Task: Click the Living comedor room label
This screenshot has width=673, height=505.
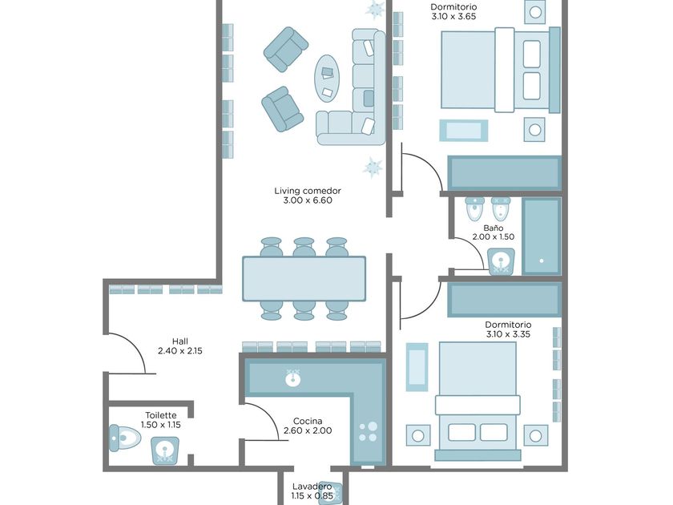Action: click(x=308, y=191)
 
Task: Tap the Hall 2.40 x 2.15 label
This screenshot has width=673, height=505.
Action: click(x=180, y=346)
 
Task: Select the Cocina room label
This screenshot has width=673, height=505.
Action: click(x=308, y=421)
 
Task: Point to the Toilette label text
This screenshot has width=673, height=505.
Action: click(x=161, y=415)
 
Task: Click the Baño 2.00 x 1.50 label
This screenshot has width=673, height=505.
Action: click(x=494, y=232)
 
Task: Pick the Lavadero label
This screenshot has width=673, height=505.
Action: click(x=312, y=487)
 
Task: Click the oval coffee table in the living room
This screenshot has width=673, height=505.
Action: click(x=327, y=79)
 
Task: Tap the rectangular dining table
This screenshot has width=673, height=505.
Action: click(x=304, y=279)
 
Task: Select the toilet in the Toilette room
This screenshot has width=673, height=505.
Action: click(x=124, y=438)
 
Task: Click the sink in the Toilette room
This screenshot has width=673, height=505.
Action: click(x=165, y=450)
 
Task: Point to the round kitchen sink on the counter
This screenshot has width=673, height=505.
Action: click(x=293, y=378)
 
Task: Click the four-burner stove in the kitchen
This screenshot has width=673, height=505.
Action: click(x=368, y=432)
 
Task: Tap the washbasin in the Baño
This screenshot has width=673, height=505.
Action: click(x=502, y=261)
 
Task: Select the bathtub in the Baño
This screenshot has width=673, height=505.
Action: click(x=542, y=236)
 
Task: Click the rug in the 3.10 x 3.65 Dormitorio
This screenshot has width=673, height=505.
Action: click(x=464, y=131)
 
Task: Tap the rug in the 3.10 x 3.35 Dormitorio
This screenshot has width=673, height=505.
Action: click(x=417, y=367)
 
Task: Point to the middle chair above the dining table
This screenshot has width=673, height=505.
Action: click(x=304, y=247)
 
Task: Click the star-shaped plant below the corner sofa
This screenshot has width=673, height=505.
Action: click(x=372, y=167)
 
